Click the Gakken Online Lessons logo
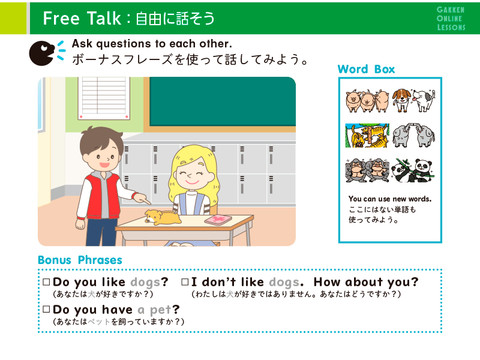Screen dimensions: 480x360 coord(451,19)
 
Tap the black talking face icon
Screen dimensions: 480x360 coord(42,53)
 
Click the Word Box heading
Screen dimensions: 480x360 coord(366,69)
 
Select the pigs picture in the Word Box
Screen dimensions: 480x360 coord(367,101)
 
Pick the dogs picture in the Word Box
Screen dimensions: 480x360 coord(413,100)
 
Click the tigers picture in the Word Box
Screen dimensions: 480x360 coord(367,136)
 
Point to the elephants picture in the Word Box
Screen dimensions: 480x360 coord(413,136)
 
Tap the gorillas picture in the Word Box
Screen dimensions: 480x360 coord(367,170)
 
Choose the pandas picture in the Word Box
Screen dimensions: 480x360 coord(413,170)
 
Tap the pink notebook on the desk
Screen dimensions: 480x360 coord(218,220)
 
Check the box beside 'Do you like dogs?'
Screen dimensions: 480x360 coord(46,282)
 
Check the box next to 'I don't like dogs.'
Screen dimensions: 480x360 coord(185,282)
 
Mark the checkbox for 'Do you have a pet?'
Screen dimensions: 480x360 coord(46,309)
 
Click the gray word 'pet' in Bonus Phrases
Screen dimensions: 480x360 coord(161,310)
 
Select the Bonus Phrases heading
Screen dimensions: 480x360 coord(80,260)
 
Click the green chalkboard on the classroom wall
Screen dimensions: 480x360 coord(223,101)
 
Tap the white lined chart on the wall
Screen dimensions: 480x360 coord(104,98)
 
